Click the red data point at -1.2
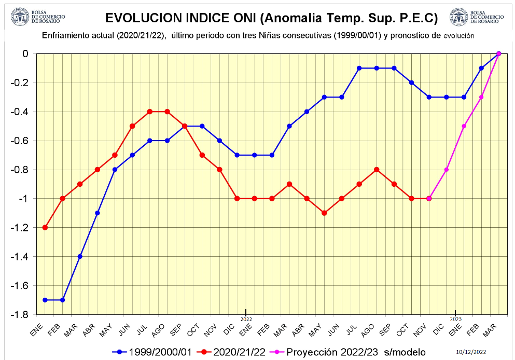(45, 227)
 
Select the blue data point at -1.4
(80, 256)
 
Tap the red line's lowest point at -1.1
(324, 213)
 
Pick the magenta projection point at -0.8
(446, 170)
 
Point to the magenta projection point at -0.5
(464, 126)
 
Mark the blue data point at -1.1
(98, 213)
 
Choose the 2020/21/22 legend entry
(233, 352)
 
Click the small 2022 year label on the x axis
(246, 319)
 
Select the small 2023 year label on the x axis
(455, 319)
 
